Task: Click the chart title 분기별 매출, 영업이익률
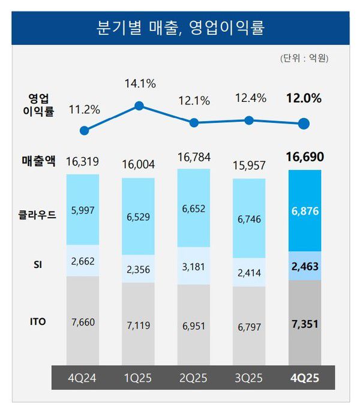click(180, 28)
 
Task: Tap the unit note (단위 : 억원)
click(304, 59)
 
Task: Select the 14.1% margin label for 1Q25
click(140, 85)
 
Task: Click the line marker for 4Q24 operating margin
click(85, 130)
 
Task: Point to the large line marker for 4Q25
click(304, 124)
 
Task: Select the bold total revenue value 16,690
click(304, 158)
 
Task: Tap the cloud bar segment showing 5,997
click(83, 209)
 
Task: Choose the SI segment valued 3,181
click(194, 266)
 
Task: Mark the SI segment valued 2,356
click(139, 269)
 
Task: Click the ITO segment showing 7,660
click(83, 322)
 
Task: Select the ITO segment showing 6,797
click(249, 327)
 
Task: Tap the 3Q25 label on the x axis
click(249, 378)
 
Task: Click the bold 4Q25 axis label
click(304, 378)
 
